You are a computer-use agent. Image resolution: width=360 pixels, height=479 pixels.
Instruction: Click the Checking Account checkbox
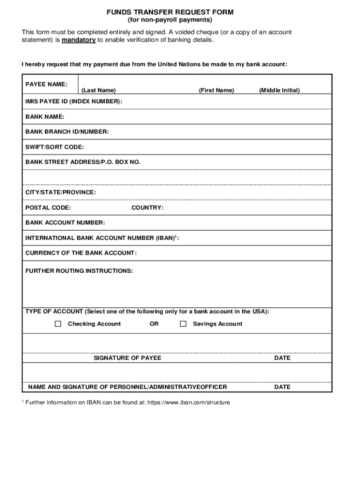pyautogui.click(x=58, y=324)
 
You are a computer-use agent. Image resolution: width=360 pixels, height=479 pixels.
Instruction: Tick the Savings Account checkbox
pyautogui.click(x=183, y=324)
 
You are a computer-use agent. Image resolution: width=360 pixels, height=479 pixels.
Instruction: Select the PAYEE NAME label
pyautogui.click(x=46, y=84)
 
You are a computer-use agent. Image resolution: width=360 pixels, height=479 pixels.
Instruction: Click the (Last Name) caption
pyautogui.click(x=99, y=90)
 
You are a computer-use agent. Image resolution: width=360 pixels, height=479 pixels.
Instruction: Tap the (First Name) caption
pyautogui.click(x=216, y=90)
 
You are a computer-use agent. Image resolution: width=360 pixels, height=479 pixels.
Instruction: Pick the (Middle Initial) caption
pyautogui.click(x=280, y=90)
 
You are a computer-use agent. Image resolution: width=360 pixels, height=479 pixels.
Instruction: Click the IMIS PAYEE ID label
pyautogui.click(x=74, y=102)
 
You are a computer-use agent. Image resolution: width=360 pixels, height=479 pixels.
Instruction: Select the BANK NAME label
pyautogui.click(x=45, y=116)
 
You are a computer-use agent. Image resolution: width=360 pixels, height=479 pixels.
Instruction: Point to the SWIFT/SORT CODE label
pyautogui.click(x=55, y=147)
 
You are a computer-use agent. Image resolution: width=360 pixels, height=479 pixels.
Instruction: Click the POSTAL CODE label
pyautogui.click(x=48, y=208)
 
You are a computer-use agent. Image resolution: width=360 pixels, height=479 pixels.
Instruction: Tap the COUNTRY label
pyautogui.click(x=147, y=208)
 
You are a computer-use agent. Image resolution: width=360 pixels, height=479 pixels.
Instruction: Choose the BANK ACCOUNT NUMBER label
pyautogui.click(x=65, y=223)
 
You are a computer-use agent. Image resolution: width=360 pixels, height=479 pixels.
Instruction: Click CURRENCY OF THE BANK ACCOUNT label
pyautogui.click(x=81, y=253)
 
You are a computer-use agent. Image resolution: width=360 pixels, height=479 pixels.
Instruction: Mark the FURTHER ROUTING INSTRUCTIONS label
pyautogui.click(x=79, y=271)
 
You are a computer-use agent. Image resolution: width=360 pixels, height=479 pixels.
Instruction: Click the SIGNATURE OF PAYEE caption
pyautogui.click(x=128, y=358)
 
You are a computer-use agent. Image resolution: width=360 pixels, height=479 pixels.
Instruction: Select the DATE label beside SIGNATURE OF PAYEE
pyautogui.click(x=282, y=358)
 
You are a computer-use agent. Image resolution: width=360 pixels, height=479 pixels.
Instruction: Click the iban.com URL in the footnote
pyautogui.click(x=188, y=402)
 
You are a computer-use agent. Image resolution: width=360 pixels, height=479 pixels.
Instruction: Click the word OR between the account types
pyautogui.click(x=154, y=324)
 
